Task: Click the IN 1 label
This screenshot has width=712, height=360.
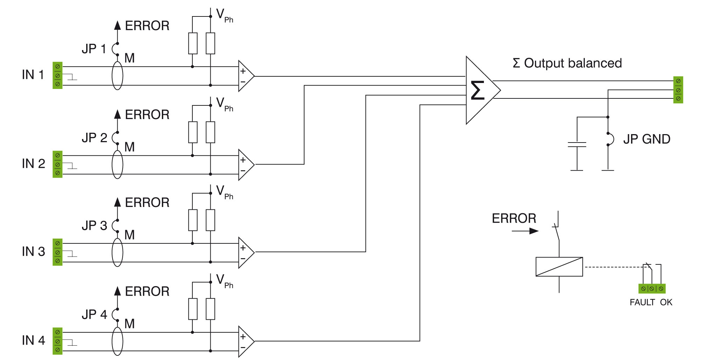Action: click(x=33, y=75)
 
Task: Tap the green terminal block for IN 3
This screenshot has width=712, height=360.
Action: click(x=57, y=252)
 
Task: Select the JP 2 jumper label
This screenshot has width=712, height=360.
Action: click(x=94, y=138)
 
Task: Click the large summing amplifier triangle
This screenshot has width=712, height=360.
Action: click(x=480, y=90)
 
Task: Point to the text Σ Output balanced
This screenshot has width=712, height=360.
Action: click(x=567, y=63)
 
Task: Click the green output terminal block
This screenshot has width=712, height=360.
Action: click(x=678, y=90)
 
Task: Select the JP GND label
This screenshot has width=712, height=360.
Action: click(x=646, y=139)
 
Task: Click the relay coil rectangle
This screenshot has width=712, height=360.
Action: click(x=559, y=267)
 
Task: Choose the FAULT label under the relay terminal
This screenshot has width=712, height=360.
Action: click(x=642, y=302)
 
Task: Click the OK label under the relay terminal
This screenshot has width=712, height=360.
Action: click(x=666, y=302)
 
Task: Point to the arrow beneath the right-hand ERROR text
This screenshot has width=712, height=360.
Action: click(x=525, y=231)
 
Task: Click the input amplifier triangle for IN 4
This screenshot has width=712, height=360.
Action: click(x=245, y=341)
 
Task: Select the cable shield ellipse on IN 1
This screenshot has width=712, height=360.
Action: click(x=117, y=76)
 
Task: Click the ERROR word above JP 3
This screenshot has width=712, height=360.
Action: click(x=147, y=202)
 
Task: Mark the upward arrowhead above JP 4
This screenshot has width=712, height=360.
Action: click(x=118, y=291)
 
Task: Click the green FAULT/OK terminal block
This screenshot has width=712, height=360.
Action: click(x=652, y=289)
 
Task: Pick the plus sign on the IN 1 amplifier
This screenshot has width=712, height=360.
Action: click(x=243, y=71)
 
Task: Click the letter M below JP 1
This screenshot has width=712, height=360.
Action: click(x=129, y=58)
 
